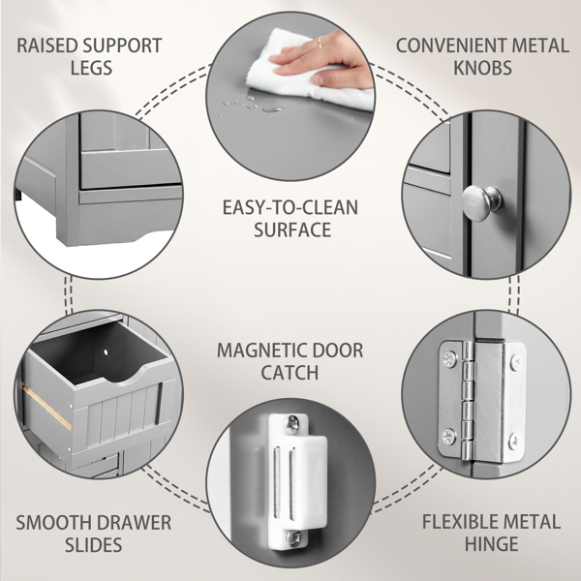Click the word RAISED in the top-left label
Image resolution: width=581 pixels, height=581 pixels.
pos(47,46)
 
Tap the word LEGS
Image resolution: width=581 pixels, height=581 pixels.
pos(92,68)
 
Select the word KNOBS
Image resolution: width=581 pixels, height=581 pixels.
pos(482,68)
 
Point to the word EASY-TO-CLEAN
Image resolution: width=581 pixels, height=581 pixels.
pos(290,207)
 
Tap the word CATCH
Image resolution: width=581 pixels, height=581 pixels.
pos(290,373)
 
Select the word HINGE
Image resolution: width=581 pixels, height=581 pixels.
pos(491,543)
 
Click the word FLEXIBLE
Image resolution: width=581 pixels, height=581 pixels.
pos(456,522)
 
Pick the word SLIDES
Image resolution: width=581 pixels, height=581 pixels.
pos(93,544)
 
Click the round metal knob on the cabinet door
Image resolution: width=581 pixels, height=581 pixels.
pos(481,202)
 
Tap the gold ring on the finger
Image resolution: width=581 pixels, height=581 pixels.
pos(320,43)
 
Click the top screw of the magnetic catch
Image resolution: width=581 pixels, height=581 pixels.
pos(292,425)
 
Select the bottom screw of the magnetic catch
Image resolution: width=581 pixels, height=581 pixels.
pos(293,538)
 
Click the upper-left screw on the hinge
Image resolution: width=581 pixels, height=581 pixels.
pos(450,358)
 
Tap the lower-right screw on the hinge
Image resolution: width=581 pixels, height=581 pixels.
pos(516,442)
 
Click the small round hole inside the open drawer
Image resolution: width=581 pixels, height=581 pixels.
pos(107,352)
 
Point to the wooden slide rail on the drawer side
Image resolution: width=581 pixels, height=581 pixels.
pos(46,407)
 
